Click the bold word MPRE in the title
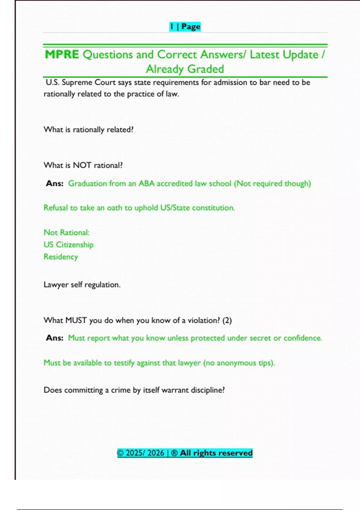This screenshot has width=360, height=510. [x=62, y=55]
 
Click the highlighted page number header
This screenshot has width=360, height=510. [x=185, y=27]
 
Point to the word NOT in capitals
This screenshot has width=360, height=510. [x=82, y=165]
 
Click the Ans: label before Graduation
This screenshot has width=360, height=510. [x=55, y=183]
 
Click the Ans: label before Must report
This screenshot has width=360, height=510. [x=55, y=338]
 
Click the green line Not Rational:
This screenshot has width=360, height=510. [x=67, y=232]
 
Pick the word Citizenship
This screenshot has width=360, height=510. [x=75, y=244]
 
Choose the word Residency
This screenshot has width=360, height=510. [x=61, y=257]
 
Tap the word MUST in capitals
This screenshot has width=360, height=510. [x=76, y=320]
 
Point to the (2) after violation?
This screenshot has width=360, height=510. [x=227, y=320]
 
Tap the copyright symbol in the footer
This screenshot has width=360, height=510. [x=120, y=453]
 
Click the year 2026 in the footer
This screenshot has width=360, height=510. [x=156, y=453]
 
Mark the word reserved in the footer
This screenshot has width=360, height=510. [x=237, y=453]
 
